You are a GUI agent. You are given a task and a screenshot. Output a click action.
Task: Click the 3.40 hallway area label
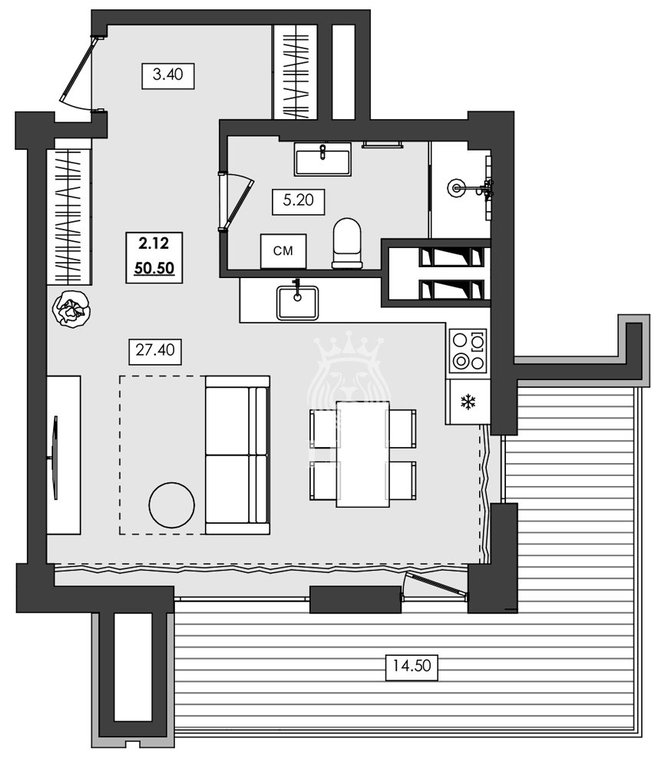point(168,75)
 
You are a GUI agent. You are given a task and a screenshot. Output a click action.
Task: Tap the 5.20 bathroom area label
point(299,201)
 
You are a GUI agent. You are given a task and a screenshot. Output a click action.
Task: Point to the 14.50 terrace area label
point(412,666)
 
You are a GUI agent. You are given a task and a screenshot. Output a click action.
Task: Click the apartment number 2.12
point(154,244)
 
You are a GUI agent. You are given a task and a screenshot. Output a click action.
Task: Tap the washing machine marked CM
point(284,251)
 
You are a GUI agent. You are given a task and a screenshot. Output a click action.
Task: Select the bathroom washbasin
point(322,159)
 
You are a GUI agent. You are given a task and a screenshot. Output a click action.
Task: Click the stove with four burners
point(468,350)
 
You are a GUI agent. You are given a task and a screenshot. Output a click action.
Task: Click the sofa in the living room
point(237,455)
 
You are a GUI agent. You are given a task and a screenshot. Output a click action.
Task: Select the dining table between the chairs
point(362,454)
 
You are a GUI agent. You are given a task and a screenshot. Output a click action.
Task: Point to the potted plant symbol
point(71,310)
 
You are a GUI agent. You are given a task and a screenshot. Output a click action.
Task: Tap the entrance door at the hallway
point(78,73)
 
